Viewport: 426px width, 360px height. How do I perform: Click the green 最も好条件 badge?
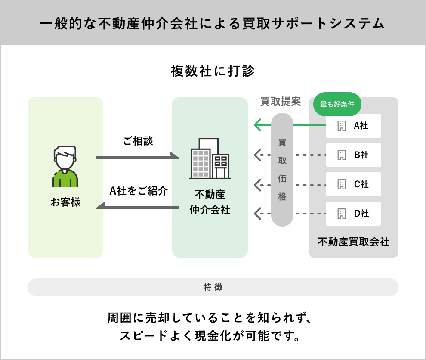coord(337,104)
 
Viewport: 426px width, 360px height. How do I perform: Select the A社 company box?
coord(354,126)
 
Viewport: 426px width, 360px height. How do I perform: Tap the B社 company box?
coord(354,155)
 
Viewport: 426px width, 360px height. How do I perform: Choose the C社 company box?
coord(354,184)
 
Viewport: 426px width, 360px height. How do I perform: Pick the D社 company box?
coord(354,214)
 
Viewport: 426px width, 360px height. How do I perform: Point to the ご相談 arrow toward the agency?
coord(138,158)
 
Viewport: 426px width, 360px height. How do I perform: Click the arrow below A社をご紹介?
coord(138,208)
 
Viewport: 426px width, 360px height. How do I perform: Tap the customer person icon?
coord(65,166)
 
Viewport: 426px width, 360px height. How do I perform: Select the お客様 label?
coord(65,202)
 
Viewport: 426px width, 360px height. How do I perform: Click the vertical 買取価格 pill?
coord(282,170)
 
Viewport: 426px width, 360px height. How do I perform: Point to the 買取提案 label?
coord(281,102)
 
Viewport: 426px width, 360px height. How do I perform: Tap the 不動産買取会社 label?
coord(354,242)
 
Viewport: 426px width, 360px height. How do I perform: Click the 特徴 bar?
coord(213,287)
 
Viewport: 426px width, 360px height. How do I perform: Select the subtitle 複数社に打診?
coord(213,71)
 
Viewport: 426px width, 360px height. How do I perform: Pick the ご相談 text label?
coord(138,141)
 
